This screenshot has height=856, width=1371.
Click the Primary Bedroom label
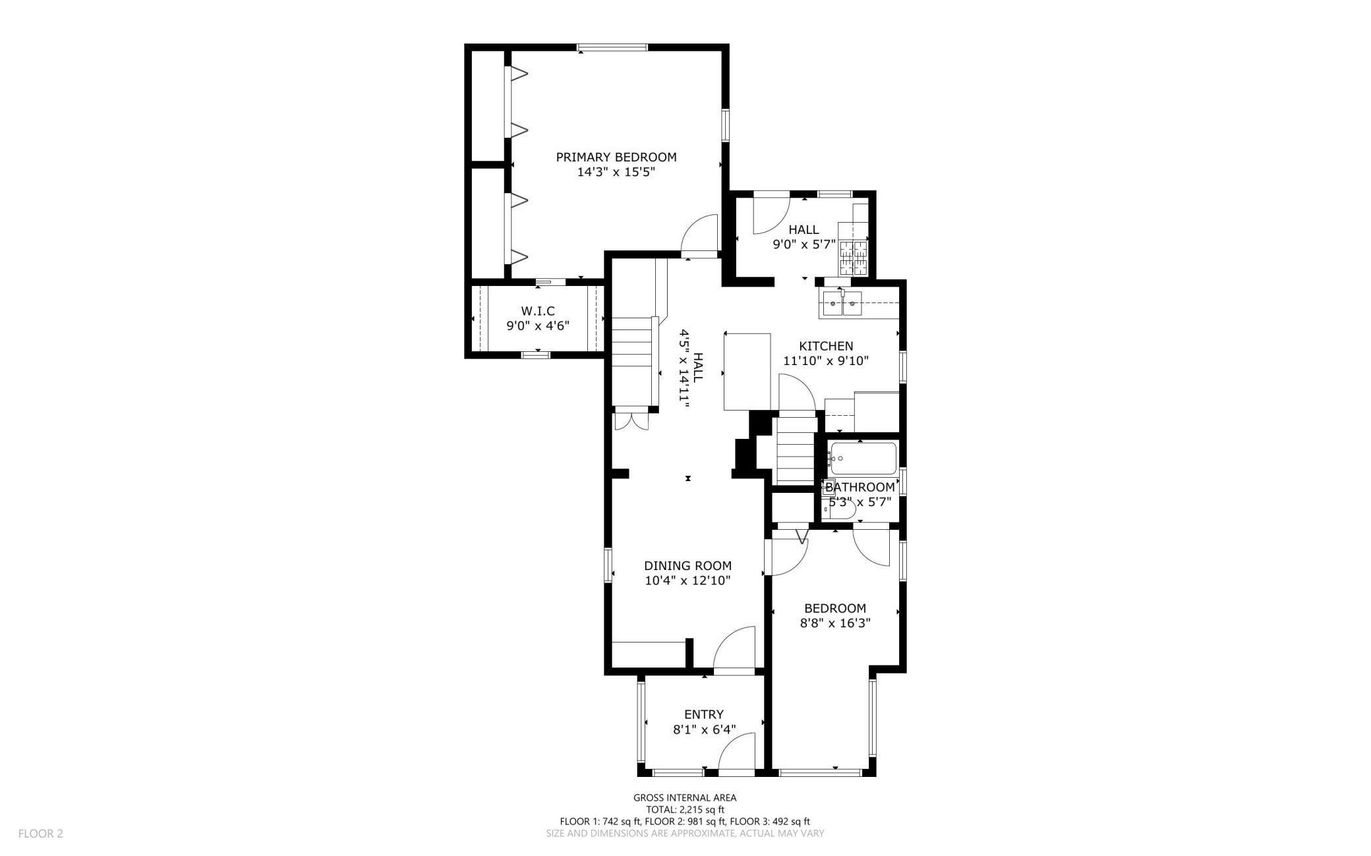coord(616,157)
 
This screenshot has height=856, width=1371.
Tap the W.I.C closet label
coord(538,311)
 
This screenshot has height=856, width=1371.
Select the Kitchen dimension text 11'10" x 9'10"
coord(826,361)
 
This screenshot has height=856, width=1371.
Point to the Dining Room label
coord(687,566)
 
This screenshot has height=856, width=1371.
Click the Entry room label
coord(704,714)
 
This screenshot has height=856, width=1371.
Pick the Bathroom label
coord(860,488)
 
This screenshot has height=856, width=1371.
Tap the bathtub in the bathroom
coord(863,458)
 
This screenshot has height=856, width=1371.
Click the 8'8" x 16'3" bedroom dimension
coord(835,623)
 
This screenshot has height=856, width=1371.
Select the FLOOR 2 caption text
coord(41,834)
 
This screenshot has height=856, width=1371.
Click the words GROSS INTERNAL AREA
coord(685,798)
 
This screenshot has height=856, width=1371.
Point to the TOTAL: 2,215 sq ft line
coord(685,810)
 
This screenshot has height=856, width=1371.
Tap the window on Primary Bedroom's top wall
coord(612,47)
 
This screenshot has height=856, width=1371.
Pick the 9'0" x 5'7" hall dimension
coord(803,244)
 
